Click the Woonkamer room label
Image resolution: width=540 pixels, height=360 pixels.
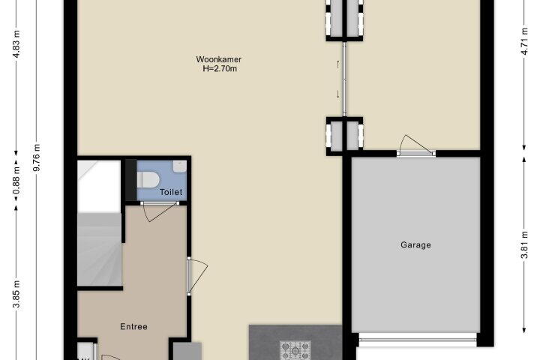219,59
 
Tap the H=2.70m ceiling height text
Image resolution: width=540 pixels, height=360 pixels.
220,68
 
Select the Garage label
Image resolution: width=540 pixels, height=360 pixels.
415,245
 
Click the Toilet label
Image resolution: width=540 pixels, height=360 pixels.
171,192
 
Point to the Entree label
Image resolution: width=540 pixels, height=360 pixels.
133,326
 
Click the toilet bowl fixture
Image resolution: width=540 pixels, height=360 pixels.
148,179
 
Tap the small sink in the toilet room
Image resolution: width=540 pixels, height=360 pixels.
180,166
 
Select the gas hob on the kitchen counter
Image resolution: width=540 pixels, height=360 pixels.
295,350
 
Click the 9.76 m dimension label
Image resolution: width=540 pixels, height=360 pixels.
37,157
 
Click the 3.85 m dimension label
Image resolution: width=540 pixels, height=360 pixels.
16,294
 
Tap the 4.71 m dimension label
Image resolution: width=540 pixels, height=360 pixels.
524,40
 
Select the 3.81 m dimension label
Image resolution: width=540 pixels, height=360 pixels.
524,244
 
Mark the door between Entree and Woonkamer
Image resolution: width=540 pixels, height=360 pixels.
197,276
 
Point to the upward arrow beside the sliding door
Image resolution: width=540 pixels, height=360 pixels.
337,64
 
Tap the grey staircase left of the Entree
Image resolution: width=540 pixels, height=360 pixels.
100,249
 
